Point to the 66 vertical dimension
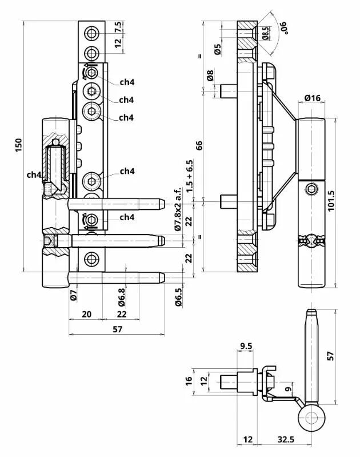point(199,145)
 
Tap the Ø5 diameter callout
point(218,49)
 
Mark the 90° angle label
point(283,26)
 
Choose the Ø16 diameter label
point(311,98)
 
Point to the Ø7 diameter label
point(73,296)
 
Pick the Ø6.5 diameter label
point(178,297)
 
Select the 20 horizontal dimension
point(86,315)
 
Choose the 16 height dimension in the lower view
point(190,382)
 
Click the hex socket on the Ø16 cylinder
point(311,190)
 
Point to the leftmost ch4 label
point(33,174)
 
